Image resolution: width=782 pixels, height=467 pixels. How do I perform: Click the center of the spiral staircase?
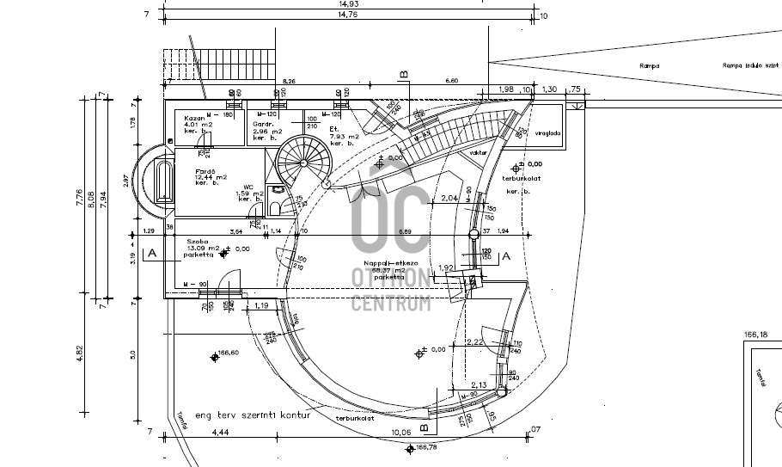pyautogui.click(x=302, y=160)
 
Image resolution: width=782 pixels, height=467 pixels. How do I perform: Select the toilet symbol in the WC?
pyautogui.click(x=277, y=189)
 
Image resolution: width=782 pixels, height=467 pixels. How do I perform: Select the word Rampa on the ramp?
pyautogui.click(x=649, y=65)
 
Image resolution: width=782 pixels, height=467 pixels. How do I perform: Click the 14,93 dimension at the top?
pyautogui.click(x=348, y=4)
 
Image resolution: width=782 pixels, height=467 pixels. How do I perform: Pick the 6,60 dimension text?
pyautogui.click(x=450, y=81)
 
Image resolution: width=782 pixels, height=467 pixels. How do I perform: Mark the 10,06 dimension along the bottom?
pyautogui.click(x=400, y=432)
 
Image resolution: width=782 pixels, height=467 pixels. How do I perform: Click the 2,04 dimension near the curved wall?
pyautogui.click(x=447, y=199)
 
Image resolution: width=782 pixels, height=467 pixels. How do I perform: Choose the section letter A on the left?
pyautogui.click(x=151, y=254)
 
